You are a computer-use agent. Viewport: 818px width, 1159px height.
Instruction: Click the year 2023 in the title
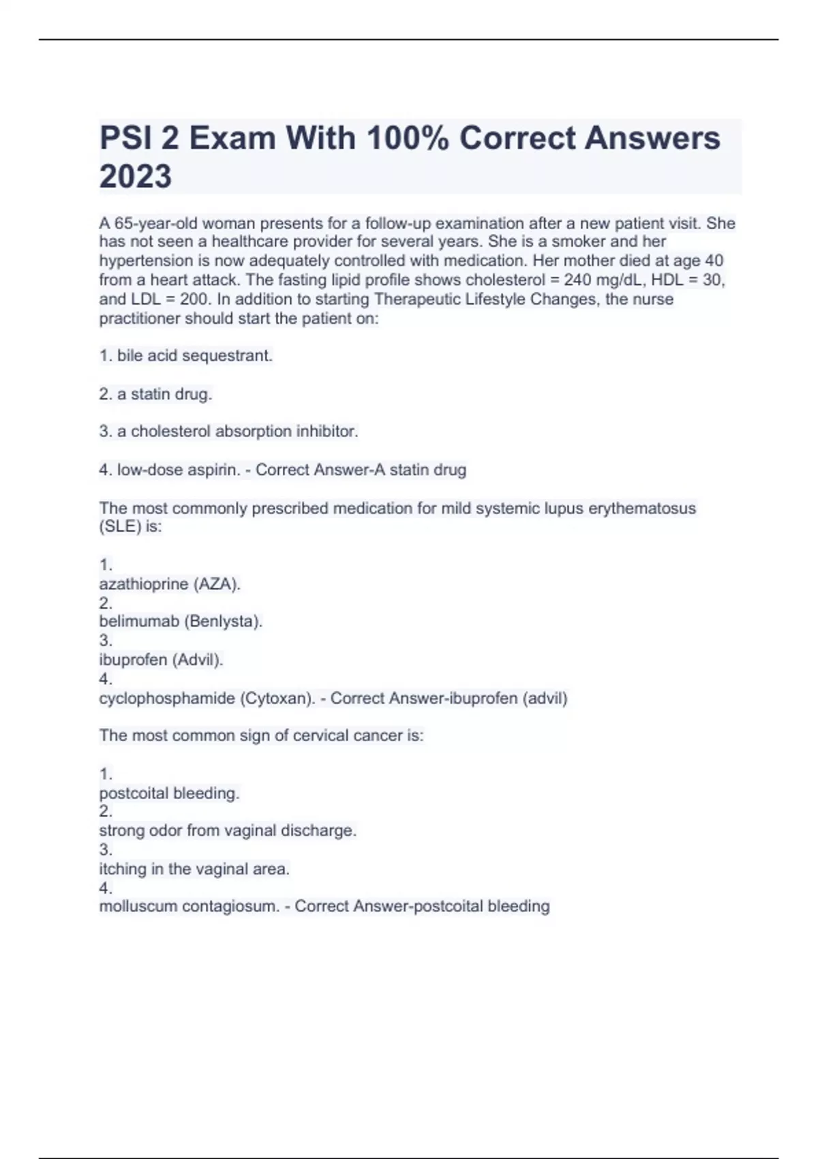(136, 177)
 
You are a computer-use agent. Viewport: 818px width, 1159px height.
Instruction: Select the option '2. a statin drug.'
(155, 394)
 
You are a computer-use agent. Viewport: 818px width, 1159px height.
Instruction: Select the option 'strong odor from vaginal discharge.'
(228, 831)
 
